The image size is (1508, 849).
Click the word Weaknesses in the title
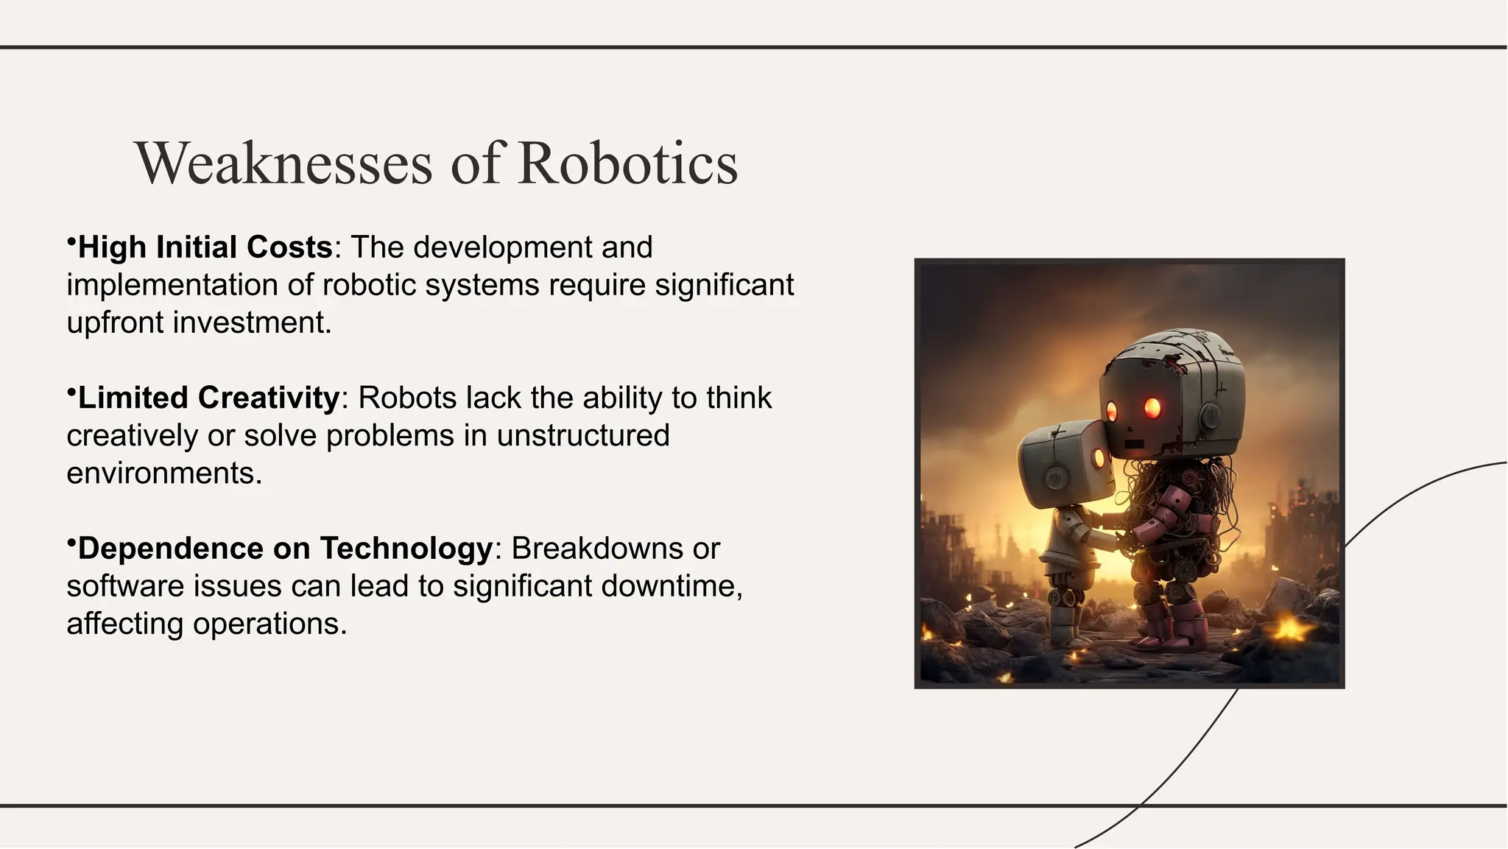tap(283, 163)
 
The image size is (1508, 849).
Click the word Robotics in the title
tap(627, 163)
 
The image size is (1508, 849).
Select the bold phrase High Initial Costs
tap(205, 247)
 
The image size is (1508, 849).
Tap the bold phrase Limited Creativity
tap(208, 398)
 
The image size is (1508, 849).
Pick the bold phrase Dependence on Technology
tap(284, 549)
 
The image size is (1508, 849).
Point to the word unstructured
tap(582, 435)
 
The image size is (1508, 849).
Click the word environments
tap(163, 473)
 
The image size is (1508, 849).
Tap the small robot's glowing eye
tap(1099, 459)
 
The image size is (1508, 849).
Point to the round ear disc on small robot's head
tap(1056, 479)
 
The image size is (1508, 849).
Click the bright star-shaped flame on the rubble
tap(1289, 628)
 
